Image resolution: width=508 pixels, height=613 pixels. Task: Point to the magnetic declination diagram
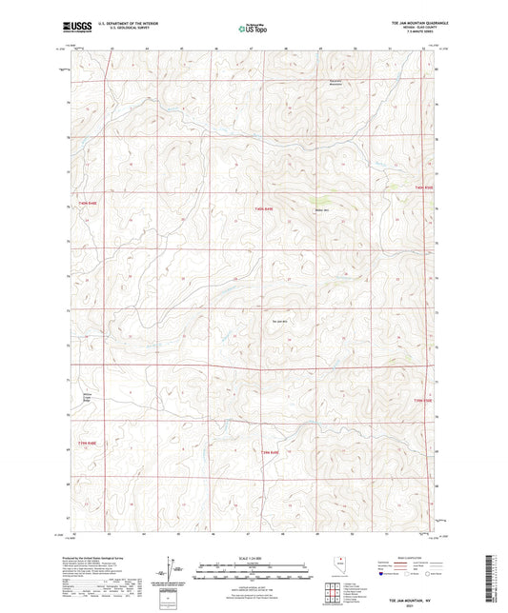(172, 567)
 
